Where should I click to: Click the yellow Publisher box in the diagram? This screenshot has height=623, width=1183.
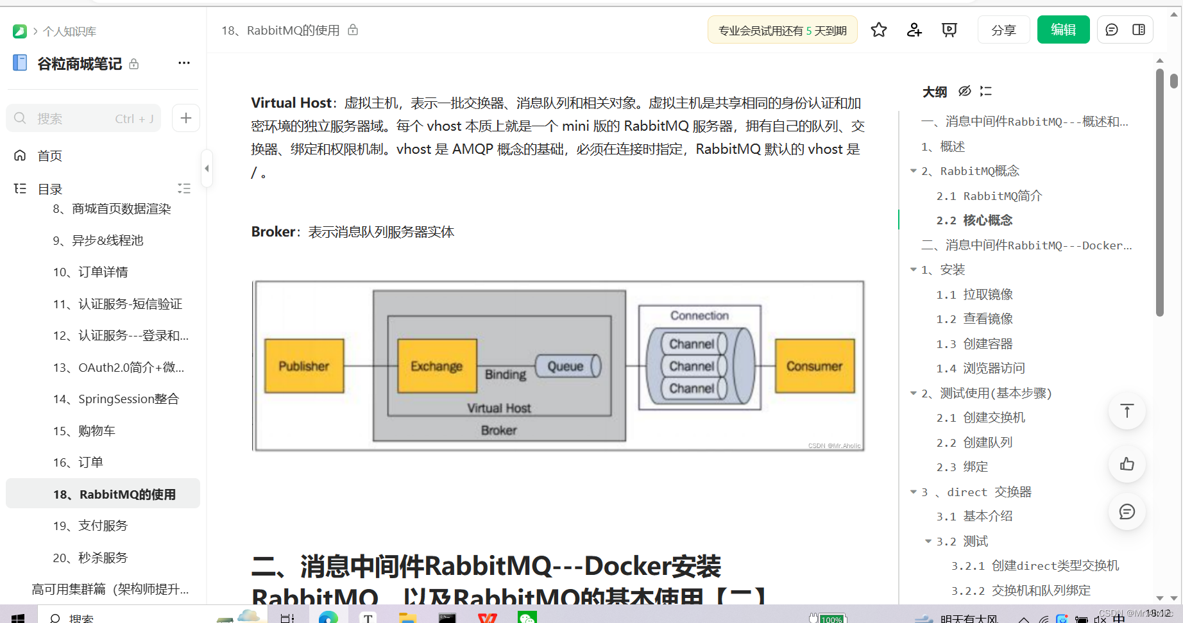click(304, 366)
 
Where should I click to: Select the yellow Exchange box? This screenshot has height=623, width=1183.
click(437, 366)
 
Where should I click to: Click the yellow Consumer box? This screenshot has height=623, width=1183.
click(815, 366)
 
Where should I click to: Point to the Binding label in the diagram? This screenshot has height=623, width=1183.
click(506, 374)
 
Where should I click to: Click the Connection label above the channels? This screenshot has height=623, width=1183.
click(699, 315)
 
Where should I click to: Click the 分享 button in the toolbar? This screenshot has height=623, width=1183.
click(1003, 30)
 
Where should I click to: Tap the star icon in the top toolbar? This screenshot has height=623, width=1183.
click(879, 30)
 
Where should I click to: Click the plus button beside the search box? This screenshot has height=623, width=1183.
click(186, 118)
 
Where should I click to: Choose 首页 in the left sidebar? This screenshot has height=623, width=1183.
click(49, 156)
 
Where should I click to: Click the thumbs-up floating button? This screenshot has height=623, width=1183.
click(1127, 464)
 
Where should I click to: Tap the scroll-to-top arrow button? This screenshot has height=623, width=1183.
click(1127, 411)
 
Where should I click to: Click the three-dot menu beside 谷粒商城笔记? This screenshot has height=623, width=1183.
click(184, 63)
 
